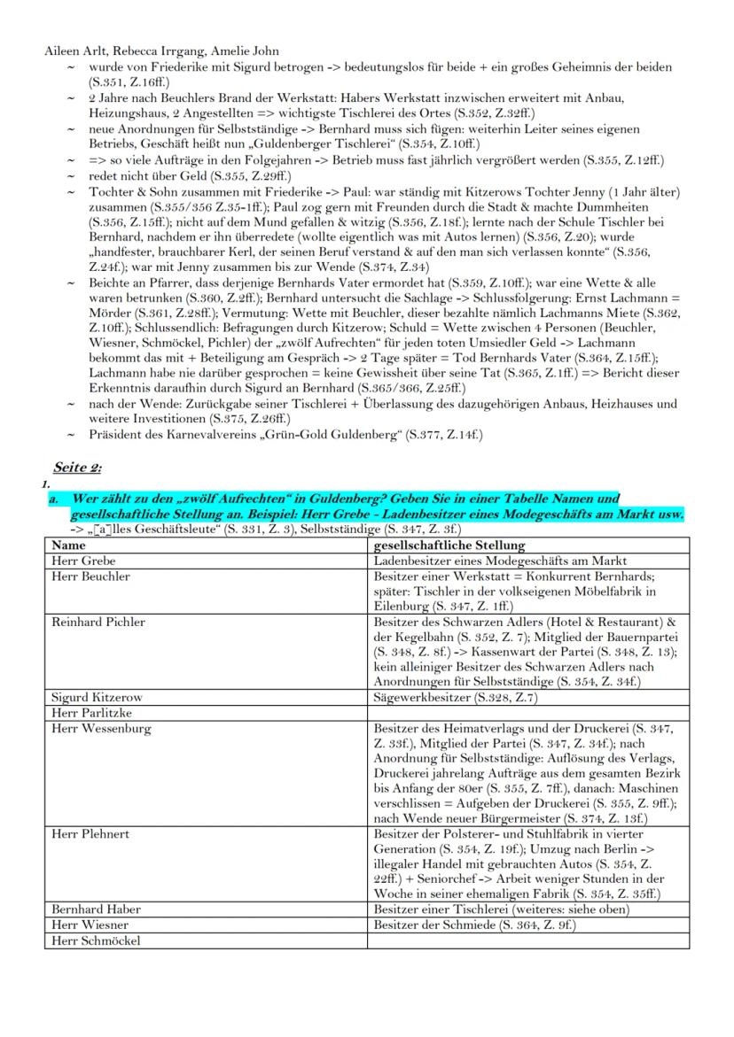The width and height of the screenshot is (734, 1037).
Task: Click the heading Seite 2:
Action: tap(78, 467)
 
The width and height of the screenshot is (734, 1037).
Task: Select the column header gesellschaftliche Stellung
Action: tap(449, 546)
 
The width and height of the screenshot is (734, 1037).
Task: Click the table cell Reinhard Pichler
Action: tap(98, 622)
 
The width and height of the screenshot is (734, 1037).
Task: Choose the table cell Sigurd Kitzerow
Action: tap(97, 698)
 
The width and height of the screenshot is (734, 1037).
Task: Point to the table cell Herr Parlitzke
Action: tap(91, 712)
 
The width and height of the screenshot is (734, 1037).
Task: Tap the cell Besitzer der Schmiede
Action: tap(474, 925)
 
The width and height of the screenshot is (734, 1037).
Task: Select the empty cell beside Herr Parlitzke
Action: tap(527, 712)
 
